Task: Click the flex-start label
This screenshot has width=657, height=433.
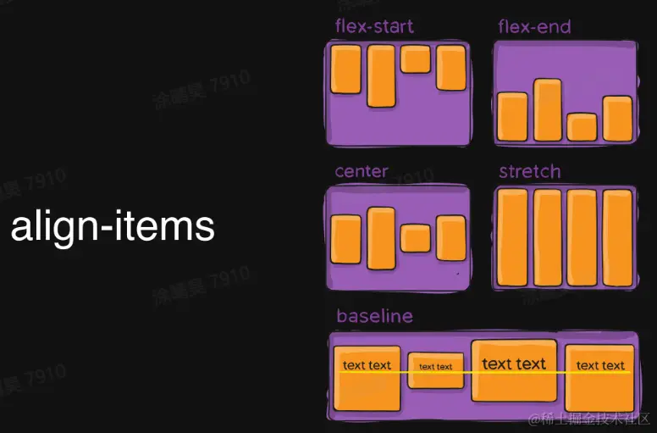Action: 374,26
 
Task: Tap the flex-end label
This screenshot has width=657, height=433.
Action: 534,26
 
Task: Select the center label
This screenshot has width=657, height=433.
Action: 362,171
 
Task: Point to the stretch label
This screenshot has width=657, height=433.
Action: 529,171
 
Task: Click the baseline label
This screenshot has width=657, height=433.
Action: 374,316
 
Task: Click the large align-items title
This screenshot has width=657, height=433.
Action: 113,227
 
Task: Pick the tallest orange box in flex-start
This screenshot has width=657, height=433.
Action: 381,76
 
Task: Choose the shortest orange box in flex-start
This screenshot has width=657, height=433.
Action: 416,59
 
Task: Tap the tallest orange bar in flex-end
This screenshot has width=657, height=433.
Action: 548,109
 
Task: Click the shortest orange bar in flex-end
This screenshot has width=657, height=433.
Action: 582,127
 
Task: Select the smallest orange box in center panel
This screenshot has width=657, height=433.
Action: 416,238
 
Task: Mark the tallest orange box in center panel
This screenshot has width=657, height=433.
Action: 381,238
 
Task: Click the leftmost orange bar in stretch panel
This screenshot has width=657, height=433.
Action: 513,238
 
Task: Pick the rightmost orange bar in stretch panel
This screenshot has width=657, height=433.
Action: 617,238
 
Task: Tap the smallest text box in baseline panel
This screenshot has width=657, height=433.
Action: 436,370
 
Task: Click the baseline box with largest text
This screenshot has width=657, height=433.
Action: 514,370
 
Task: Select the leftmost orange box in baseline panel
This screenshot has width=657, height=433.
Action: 367,378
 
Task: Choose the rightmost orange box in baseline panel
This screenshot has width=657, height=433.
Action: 600,377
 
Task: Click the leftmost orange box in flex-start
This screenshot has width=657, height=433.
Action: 346,69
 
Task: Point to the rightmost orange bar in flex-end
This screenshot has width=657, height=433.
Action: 617,119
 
